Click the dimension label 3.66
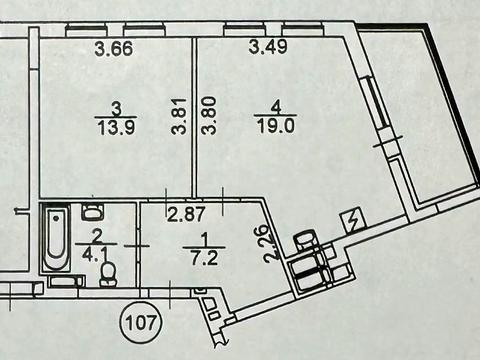coord(114,46)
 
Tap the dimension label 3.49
coord(266,46)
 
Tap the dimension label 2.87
coord(184,213)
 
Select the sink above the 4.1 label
coord(92,211)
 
